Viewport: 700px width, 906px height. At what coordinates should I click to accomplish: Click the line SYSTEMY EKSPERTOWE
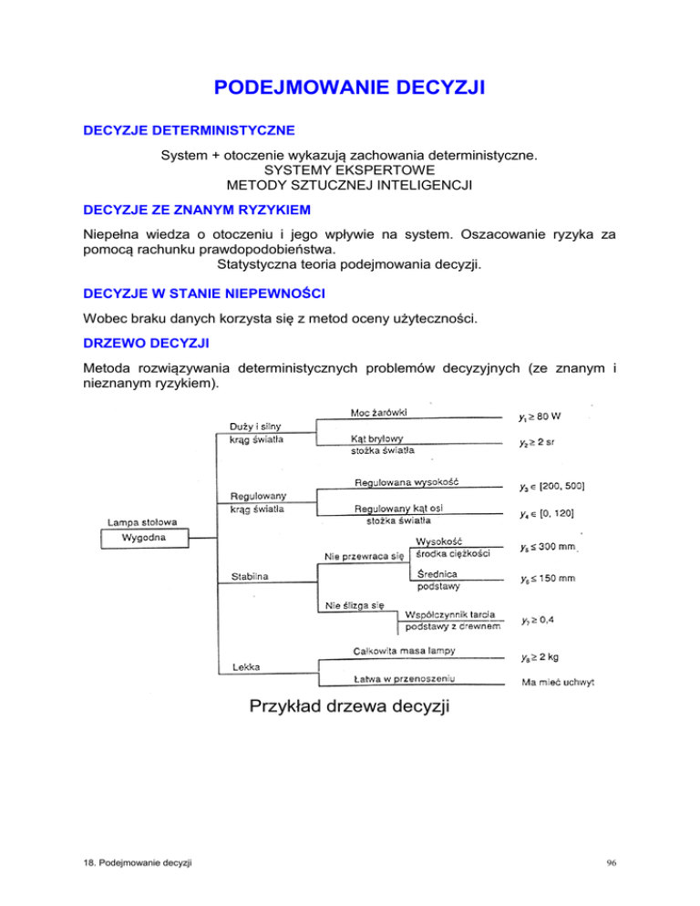point(349,170)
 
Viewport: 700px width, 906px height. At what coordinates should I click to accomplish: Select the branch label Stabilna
point(241,576)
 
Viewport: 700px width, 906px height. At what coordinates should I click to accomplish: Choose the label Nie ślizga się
point(351,607)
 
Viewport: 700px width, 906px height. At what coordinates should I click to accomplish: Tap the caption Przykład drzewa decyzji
point(349,706)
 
